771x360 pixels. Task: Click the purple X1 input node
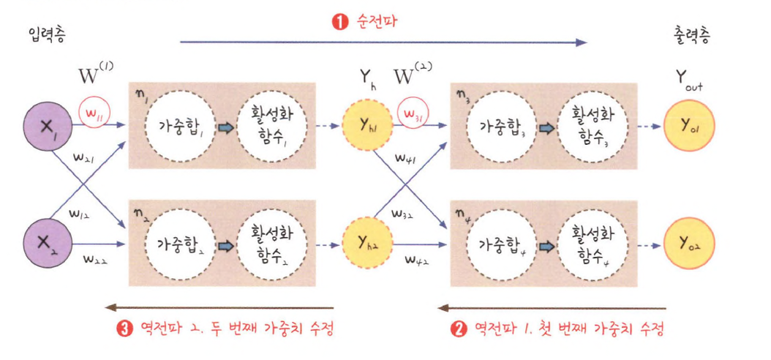(x=49, y=126)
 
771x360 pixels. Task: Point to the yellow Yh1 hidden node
(x=366, y=126)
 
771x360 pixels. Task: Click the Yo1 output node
(x=689, y=126)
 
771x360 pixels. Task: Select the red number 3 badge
(x=124, y=329)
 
